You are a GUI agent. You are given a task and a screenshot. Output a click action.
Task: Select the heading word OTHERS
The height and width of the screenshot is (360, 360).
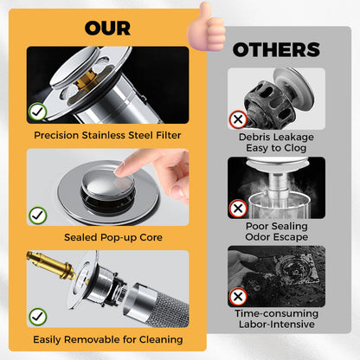276,50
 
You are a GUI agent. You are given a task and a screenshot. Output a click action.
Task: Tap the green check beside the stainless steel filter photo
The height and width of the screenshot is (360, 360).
38,112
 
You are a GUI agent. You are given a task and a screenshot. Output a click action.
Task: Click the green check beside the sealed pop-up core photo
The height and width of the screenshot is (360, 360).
38,214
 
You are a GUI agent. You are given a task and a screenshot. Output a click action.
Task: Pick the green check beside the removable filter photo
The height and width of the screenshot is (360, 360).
38,316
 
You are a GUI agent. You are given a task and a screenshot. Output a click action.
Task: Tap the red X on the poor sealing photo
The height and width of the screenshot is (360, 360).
236,208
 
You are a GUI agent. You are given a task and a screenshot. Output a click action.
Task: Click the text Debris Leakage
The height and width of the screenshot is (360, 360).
277,138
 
